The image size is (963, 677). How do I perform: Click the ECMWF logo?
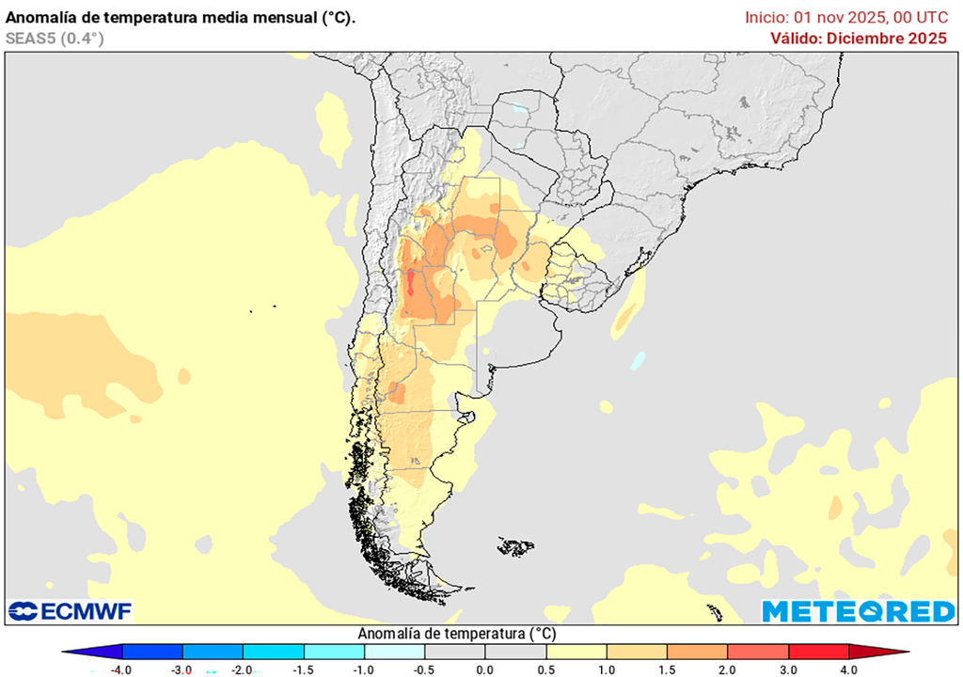coord(71,611)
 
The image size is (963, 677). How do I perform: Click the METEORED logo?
coord(858,611)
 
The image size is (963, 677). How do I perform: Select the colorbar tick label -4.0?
coord(120,669)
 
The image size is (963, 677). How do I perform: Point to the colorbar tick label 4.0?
coord(848,669)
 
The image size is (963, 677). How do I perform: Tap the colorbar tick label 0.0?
coord(484,669)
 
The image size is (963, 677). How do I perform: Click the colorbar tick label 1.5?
coord(667,669)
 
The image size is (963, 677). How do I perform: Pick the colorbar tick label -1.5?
coord(303,669)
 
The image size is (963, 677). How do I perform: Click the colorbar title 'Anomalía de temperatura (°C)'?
coord(457,634)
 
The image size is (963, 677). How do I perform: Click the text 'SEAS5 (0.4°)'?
coord(55,39)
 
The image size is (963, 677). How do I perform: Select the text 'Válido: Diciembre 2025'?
coord(858,39)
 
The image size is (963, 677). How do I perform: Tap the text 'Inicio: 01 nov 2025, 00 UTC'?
coord(845,17)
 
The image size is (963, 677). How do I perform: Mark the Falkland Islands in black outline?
coord(515,545)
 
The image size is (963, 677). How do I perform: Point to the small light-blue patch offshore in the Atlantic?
coord(639,360)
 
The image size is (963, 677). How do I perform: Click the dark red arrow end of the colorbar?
coord(893,652)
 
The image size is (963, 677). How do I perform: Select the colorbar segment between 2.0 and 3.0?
coord(758,652)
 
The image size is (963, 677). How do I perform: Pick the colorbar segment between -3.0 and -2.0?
coord(212,652)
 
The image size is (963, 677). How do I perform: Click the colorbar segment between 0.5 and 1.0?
coord(576,652)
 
